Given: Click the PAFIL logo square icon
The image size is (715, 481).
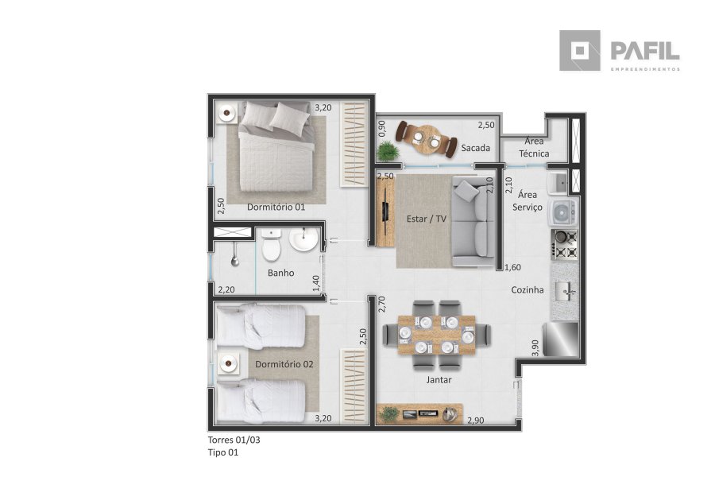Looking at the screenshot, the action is point(580,51).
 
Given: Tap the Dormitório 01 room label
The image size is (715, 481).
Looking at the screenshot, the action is point(276,208).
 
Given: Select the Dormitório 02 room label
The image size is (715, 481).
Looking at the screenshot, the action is point(284,364).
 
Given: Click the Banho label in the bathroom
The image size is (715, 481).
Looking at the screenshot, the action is point(281,273).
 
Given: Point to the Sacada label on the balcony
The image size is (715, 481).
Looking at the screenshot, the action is point(475,148).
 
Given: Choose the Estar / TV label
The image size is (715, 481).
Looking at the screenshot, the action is point(427,219).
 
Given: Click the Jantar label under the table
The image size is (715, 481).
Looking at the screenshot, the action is point(439,380).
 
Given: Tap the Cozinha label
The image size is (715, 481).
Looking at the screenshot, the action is point(528,289).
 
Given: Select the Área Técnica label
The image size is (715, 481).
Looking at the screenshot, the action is point(534,147).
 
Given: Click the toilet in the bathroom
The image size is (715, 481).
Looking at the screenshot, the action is point(272,245).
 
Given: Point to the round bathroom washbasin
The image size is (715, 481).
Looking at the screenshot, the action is point(304,239).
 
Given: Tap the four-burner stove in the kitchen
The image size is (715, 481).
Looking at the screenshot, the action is point(565,245).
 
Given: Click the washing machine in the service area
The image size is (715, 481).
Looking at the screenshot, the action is point(564,212).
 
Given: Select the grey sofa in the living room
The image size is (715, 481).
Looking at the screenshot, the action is point(473,222).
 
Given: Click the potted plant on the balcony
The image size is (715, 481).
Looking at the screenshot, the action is point(388,151).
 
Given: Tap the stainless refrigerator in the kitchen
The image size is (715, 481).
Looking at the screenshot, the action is point(561,339).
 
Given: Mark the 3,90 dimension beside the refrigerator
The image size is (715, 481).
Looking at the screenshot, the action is point(535,347).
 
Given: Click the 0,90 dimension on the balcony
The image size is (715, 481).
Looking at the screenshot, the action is point(381,128).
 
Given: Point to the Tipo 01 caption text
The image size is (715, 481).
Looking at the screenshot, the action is point(223,452).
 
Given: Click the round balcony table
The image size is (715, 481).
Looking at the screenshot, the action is point(427,138).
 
